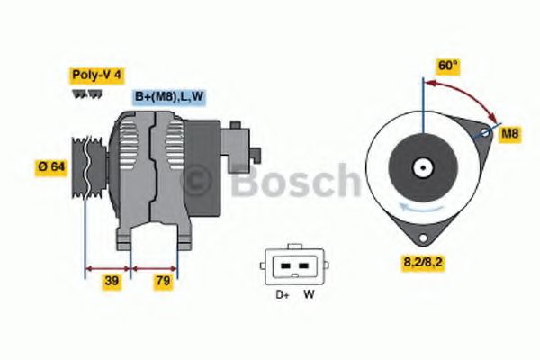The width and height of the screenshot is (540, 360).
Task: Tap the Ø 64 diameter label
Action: [x=50, y=166]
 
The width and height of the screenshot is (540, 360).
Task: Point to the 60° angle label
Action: [x=447, y=66]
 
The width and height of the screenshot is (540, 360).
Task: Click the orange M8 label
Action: [x=510, y=134]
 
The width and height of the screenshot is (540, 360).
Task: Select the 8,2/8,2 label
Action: [x=423, y=264]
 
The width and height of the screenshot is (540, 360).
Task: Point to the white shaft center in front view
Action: [x=421, y=167]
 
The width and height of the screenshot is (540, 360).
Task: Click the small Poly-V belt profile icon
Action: [x=81, y=93]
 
